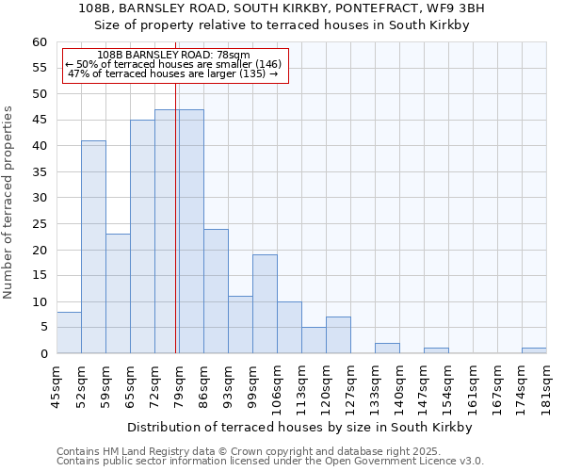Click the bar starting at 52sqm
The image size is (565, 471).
click(93, 247)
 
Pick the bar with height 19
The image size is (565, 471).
click(265, 304)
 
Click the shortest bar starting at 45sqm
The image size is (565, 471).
click(69, 333)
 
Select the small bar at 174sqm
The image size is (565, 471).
click(534, 350)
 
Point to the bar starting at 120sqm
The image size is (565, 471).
click(338, 335)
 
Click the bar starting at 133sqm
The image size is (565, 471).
click(387, 349)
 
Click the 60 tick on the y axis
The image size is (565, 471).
click(40, 42)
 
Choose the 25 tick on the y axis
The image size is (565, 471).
click(40, 224)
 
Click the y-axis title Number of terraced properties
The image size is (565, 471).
click(8, 203)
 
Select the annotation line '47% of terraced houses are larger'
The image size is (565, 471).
click(173, 73)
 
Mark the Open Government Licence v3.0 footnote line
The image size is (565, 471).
click(270, 462)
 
